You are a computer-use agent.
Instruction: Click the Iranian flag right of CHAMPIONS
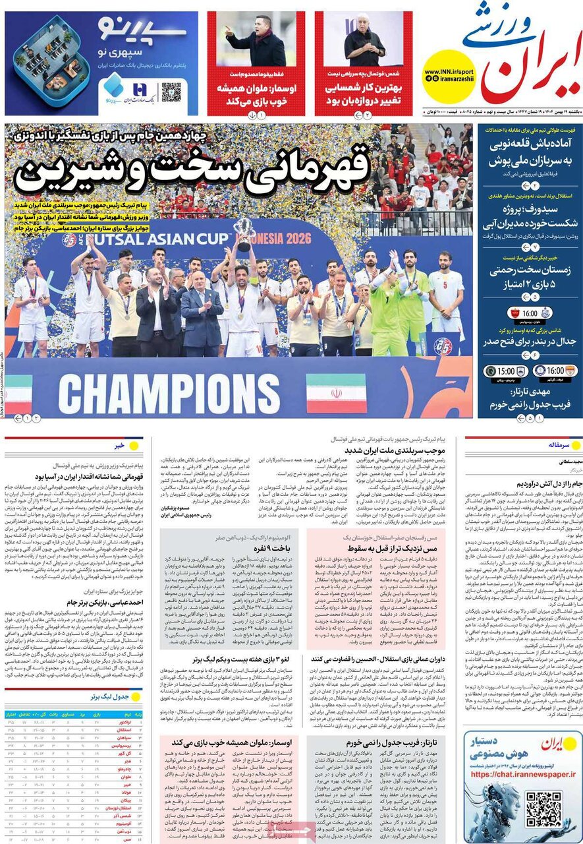tap(336, 393)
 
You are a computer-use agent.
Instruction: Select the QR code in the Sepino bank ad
tap(171, 92)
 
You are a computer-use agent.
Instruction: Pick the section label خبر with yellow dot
tap(119, 446)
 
